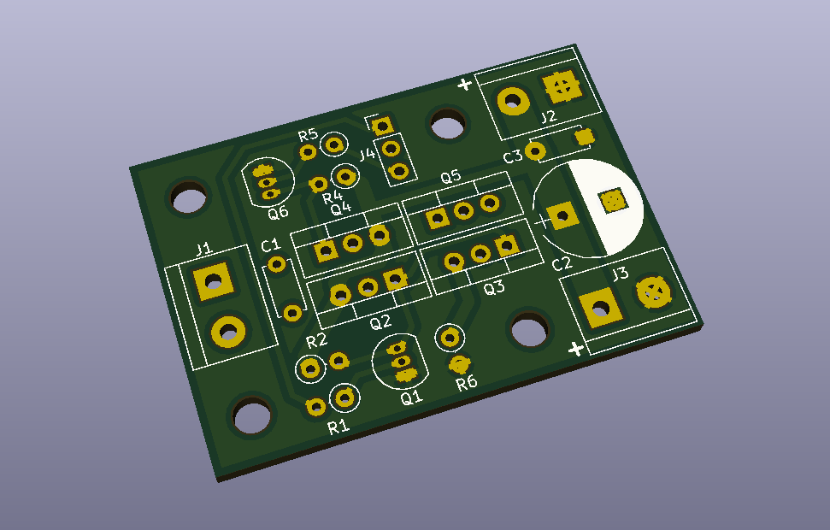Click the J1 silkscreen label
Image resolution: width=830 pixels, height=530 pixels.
(203, 249)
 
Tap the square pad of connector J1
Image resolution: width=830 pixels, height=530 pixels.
(214, 281)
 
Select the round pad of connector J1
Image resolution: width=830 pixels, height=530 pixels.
(228, 332)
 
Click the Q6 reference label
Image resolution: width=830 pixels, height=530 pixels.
(278, 213)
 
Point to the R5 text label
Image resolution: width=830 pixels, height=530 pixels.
(308, 135)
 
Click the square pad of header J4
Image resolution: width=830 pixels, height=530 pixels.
(381, 127)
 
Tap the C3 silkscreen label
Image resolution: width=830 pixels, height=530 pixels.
(512, 156)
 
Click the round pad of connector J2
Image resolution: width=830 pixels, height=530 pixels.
(513, 101)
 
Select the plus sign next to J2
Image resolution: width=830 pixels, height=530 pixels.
(464, 84)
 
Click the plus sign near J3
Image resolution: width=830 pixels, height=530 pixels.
(576, 349)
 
